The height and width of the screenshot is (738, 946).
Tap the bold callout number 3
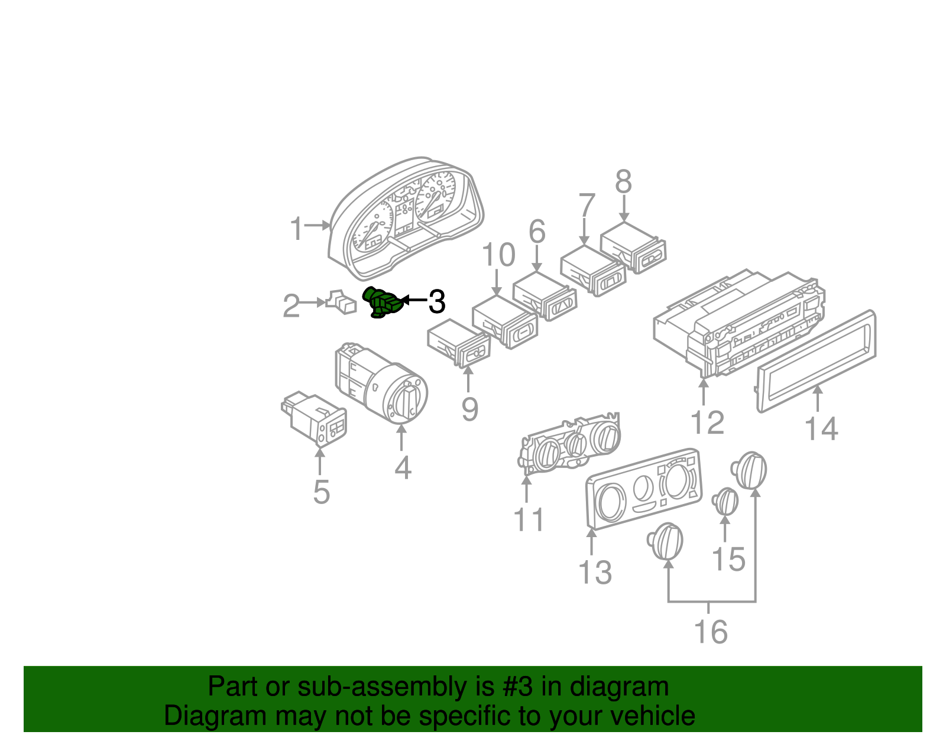tap(436, 302)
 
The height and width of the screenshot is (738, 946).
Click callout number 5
tap(321, 492)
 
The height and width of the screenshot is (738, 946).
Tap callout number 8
tap(624, 183)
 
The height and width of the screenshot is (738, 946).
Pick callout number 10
tap(498, 256)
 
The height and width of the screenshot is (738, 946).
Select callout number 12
tap(707, 423)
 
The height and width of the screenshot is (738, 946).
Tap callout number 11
tap(529, 521)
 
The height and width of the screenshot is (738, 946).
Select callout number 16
tap(711, 632)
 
